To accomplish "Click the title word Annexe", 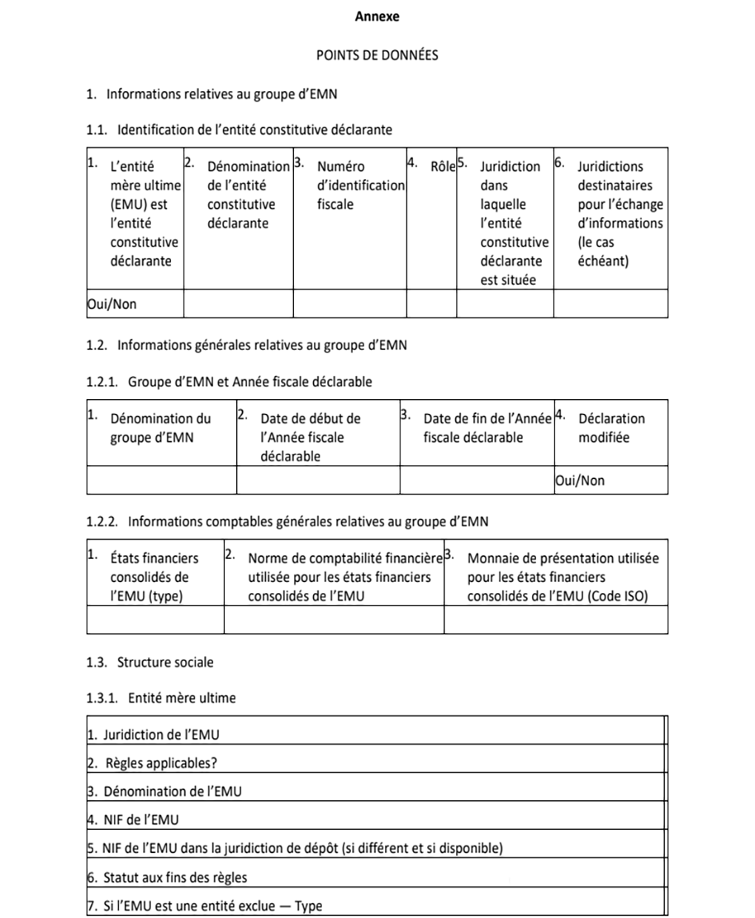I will pos(377,16).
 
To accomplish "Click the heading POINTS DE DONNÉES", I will pos(377,55).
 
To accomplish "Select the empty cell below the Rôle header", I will pos(432,304).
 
